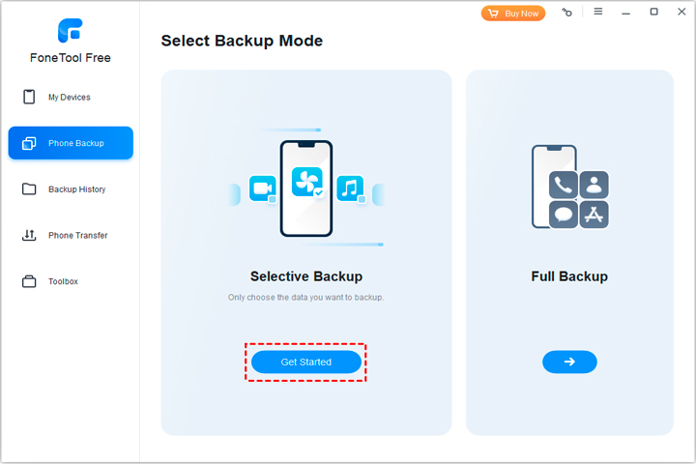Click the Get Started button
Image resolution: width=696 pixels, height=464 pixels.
[x=305, y=362]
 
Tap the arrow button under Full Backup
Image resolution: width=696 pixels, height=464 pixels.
[x=569, y=362]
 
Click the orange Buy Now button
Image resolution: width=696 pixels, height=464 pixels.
[x=513, y=14]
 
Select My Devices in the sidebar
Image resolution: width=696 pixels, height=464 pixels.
[x=71, y=97]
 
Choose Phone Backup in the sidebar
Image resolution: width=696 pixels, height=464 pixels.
[x=71, y=143]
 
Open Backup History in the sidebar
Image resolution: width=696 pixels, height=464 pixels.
[x=71, y=189]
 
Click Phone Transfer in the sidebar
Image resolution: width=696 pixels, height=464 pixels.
[x=71, y=235]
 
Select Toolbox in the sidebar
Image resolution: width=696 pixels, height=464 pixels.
[x=71, y=281]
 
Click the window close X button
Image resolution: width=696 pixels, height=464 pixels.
[x=681, y=12]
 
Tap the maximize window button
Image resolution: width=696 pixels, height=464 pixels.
[x=653, y=12]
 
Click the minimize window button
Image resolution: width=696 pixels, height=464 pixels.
[x=625, y=14]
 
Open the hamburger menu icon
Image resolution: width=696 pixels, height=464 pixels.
[x=598, y=11]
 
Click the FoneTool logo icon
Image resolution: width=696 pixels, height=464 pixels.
[x=71, y=30]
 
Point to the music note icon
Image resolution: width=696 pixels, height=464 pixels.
[x=350, y=188]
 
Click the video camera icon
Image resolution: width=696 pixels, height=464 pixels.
[x=262, y=188]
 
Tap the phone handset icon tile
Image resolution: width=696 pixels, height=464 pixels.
[x=564, y=185]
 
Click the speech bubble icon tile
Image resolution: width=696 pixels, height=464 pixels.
[x=564, y=215]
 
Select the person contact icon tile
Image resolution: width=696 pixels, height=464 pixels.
[x=594, y=185]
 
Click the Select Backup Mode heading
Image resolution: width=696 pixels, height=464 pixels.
[x=242, y=41]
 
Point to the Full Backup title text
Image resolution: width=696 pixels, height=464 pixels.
[x=569, y=276]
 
